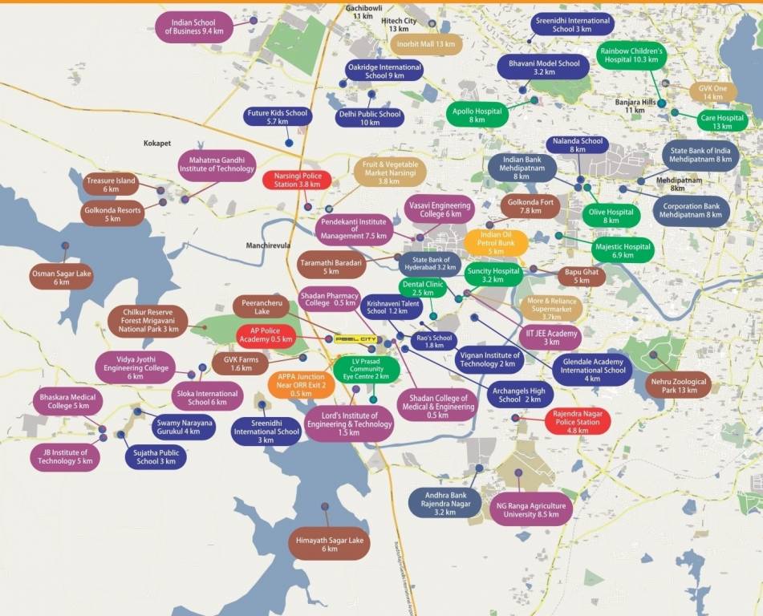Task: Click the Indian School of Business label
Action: pos(194,26)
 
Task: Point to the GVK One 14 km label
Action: pos(712,92)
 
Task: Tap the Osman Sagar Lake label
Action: pos(62,278)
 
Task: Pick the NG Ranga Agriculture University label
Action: pos(530,510)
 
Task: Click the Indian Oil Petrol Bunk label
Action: pos(496,242)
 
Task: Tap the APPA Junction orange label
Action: pos(301,385)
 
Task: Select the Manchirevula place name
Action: pos(269,245)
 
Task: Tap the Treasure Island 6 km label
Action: pos(110,184)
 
